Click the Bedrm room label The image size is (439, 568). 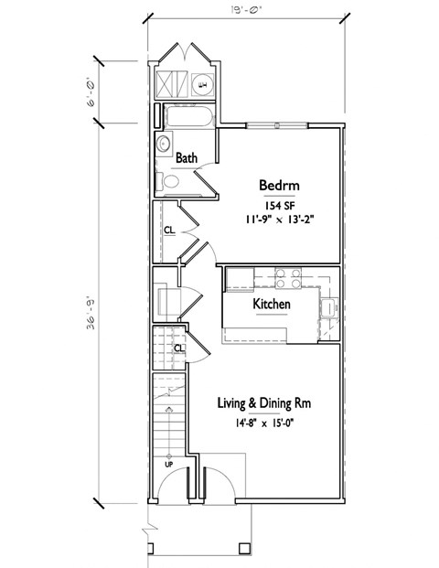tap(280, 184)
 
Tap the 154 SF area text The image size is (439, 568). tap(280, 205)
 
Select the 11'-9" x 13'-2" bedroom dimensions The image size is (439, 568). tap(280, 220)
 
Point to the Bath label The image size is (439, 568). tap(187, 158)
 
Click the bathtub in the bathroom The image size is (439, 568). tap(187, 117)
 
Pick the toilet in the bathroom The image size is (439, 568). tap(171, 181)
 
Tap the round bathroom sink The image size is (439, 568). tap(165, 143)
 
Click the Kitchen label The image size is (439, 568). tap(272, 304)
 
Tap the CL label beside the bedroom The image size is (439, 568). tap(169, 230)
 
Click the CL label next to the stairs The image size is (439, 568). tap(178, 348)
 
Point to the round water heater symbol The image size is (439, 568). tap(202, 85)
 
